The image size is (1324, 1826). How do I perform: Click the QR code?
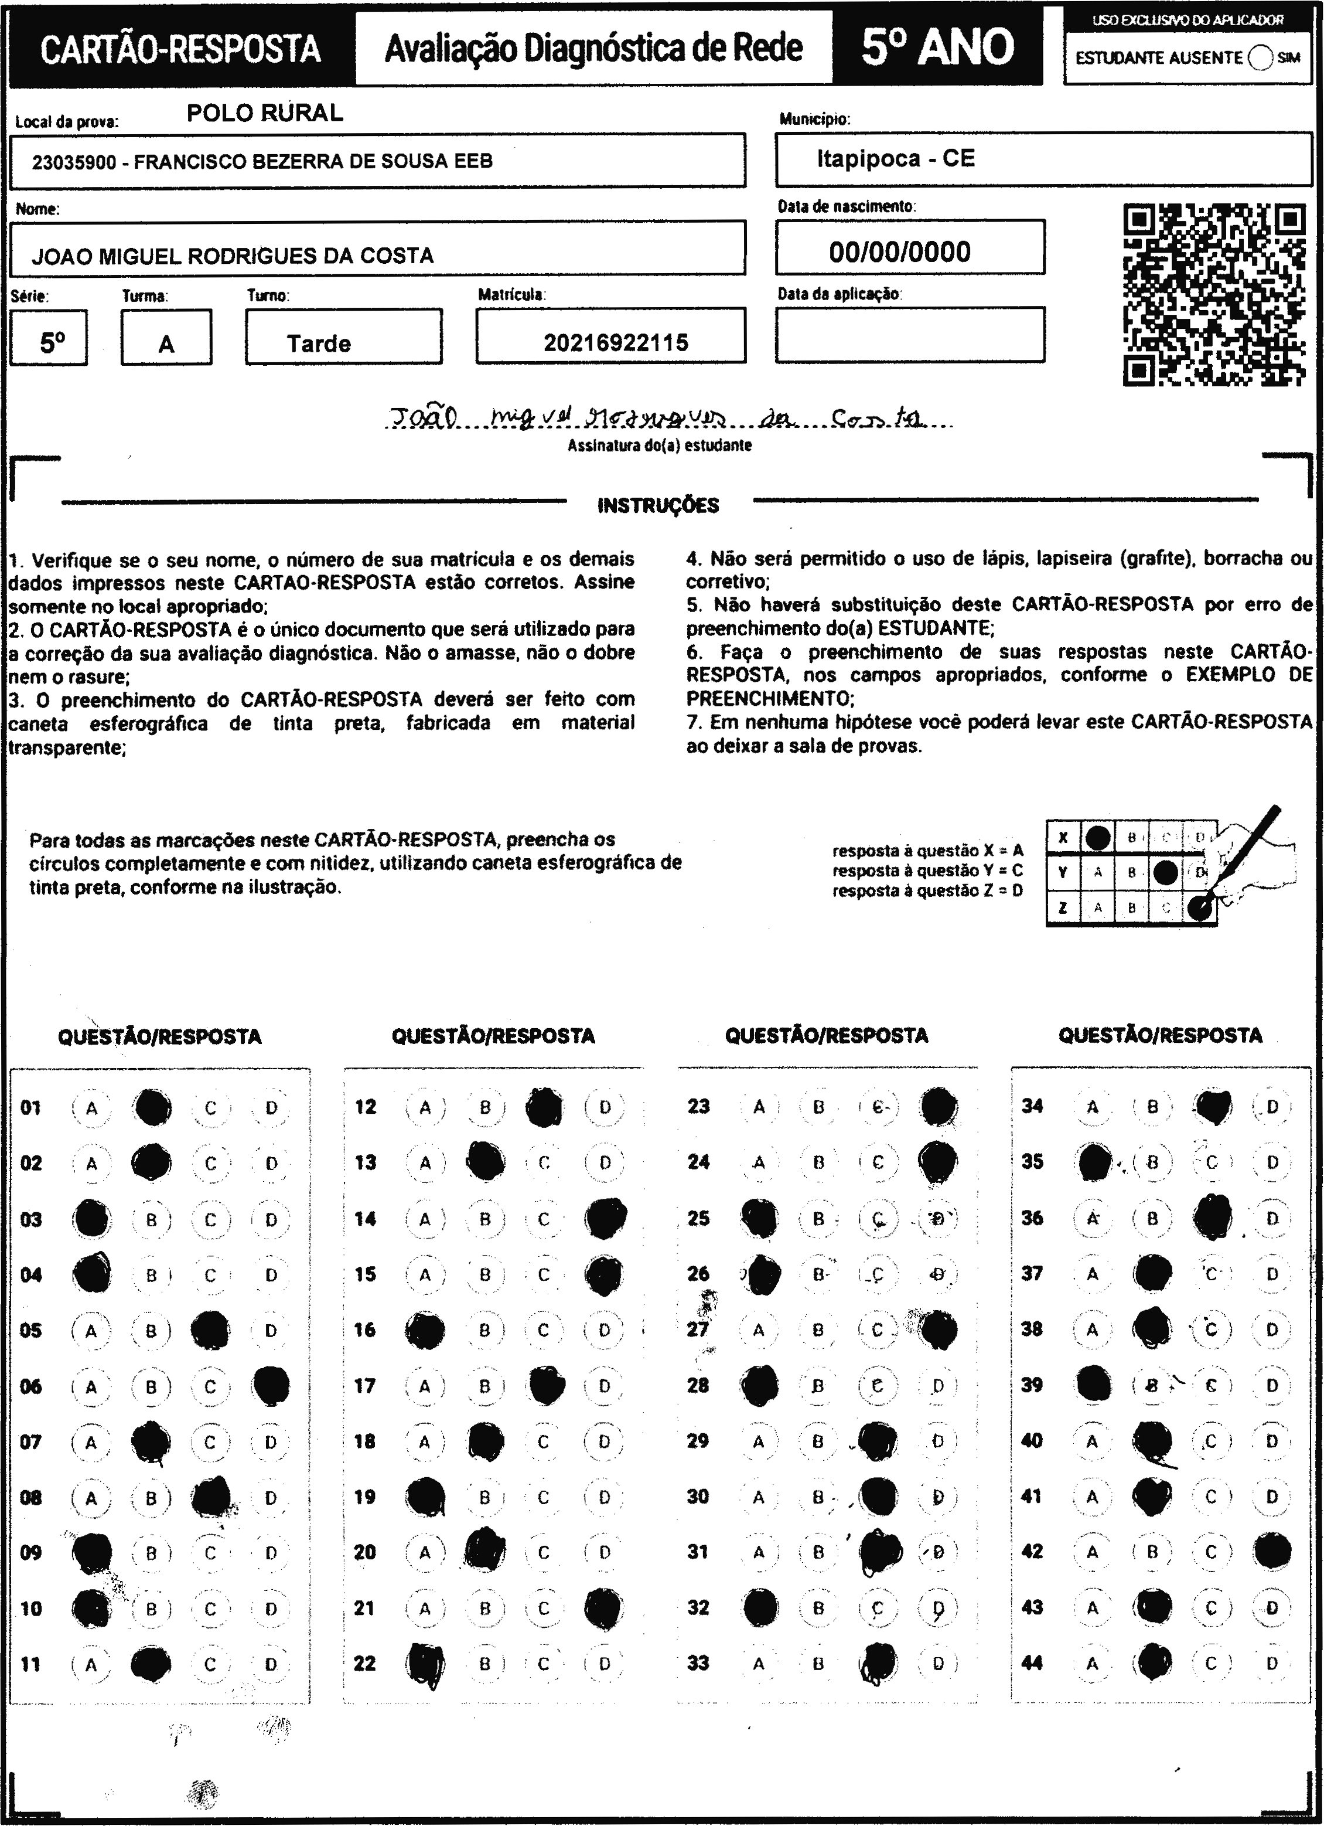[x=1214, y=295]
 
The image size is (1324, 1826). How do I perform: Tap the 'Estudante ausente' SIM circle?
[x=1260, y=58]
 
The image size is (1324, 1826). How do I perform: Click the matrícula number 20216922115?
[x=616, y=343]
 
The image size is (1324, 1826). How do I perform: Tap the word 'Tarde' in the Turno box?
[x=319, y=344]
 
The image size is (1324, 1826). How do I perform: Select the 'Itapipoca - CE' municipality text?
[x=896, y=159]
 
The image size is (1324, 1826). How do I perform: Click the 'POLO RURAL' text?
[x=265, y=113]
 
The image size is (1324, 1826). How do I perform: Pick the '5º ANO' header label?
[x=938, y=47]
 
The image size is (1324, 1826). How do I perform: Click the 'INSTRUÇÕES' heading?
[x=658, y=506]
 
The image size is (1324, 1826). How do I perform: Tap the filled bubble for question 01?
[x=152, y=1108]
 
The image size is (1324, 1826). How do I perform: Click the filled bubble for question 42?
[x=1272, y=1552]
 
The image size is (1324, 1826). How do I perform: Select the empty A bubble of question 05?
[x=91, y=1331]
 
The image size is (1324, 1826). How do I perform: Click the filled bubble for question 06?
[x=271, y=1386]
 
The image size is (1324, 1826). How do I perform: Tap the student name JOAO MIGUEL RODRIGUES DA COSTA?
[x=233, y=256]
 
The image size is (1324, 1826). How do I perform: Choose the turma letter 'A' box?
[x=166, y=344]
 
